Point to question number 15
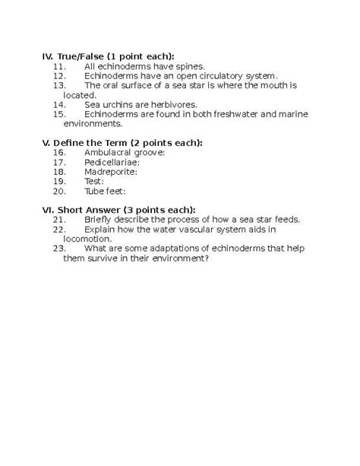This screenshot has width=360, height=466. (x=60, y=113)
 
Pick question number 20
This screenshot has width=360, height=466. (x=60, y=191)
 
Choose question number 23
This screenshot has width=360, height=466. (x=60, y=248)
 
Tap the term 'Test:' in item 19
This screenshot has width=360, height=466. (x=95, y=181)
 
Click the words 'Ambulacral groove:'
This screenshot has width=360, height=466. (x=125, y=152)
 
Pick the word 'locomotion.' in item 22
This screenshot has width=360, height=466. (x=88, y=238)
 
